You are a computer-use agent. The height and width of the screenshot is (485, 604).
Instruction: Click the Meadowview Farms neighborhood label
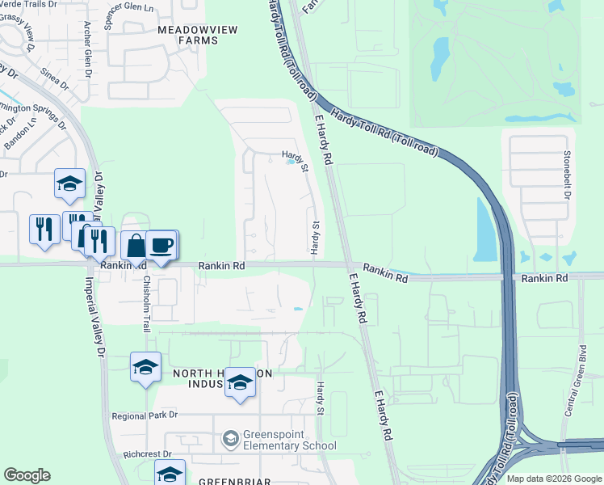coord(187,34)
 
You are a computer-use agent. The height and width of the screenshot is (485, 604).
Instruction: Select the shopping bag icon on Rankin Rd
coord(136,245)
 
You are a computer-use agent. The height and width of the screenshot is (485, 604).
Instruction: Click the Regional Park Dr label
coord(145,415)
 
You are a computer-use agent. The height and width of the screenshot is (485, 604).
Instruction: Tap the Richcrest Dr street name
coord(142,455)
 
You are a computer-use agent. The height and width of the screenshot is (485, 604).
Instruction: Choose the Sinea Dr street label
coord(55,78)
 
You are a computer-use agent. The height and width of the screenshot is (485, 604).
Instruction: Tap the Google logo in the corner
coord(27,475)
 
